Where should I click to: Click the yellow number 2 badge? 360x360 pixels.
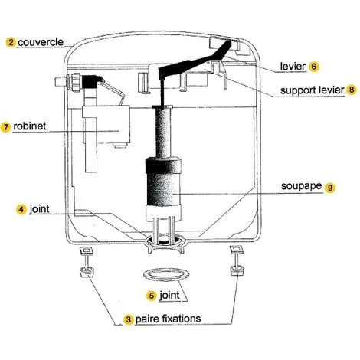[x=11, y=42]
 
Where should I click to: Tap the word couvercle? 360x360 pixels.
[x=41, y=42]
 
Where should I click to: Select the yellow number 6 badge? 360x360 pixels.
[x=314, y=67]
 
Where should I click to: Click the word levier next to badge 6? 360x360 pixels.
[x=293, y=66]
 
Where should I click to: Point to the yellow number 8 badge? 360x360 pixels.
[x=352, y=90]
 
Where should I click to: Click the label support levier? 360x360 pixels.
[x=313, y=90]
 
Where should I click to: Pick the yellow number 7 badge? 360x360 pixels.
[x=5, y=127]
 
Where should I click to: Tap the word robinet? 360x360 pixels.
[x=30, y=126]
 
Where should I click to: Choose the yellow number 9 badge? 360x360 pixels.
[x=329, y=188]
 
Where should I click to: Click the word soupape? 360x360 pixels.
[x=301, y=186]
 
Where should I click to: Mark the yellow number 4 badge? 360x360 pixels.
[x=21, y=210]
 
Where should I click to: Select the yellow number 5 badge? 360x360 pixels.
[x=152, y=296]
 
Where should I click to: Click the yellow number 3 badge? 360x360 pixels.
[x=128, y=319]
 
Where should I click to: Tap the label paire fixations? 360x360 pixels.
[x=168, y=319]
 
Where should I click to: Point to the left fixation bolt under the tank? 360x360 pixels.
[x=87, y=262]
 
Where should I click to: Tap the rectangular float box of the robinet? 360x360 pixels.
[x=106, y=125]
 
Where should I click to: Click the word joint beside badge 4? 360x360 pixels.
[x=39, y=209]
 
